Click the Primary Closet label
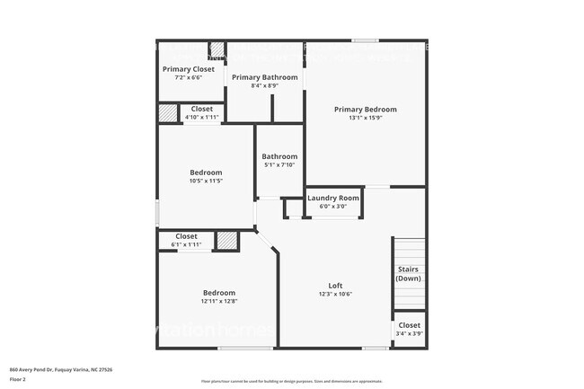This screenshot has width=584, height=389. (189, 68)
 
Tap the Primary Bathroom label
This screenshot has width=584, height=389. (264, 77)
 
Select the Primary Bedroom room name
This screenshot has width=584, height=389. (365, 110)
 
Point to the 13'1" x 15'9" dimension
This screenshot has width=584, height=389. (365, 118)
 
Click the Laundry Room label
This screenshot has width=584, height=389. (333, 198)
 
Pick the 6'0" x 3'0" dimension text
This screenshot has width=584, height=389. (333, 207)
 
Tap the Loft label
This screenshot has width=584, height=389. (335, 286)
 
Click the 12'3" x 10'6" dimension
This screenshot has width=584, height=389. (335, 294)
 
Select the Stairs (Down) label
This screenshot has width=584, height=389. (408, 273)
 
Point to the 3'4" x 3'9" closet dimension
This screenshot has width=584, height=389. (409, 333)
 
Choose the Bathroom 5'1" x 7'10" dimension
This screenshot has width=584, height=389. (279, 164)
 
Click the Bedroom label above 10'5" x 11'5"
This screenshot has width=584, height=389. (206, 172)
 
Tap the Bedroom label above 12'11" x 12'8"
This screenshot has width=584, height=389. (219, 293)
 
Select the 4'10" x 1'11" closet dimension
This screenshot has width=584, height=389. (201, 117)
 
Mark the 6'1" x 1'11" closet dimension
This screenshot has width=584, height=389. (187, 244)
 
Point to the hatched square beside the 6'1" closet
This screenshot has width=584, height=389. (228, 241)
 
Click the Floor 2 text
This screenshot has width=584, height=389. (19, 379)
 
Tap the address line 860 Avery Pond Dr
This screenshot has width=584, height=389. (61, 369)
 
